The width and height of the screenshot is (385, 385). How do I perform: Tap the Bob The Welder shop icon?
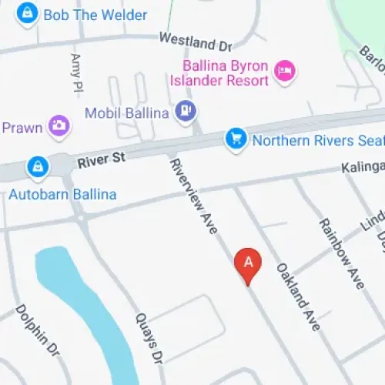tap(28, 14)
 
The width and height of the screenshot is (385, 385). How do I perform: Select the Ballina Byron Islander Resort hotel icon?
tap(285, 72)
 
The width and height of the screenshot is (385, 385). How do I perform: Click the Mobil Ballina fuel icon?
tap(185, 112)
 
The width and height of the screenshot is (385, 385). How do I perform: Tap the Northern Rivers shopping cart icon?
tap(235, 139)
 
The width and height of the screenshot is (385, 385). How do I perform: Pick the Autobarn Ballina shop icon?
tap(36, 166)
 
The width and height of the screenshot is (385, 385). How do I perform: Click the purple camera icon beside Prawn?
tap(58, 125)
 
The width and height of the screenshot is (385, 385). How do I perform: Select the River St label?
tap(100, 161)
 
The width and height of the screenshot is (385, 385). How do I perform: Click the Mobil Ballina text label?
tap(127, 113)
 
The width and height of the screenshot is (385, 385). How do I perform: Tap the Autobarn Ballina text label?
tap(62, 194)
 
